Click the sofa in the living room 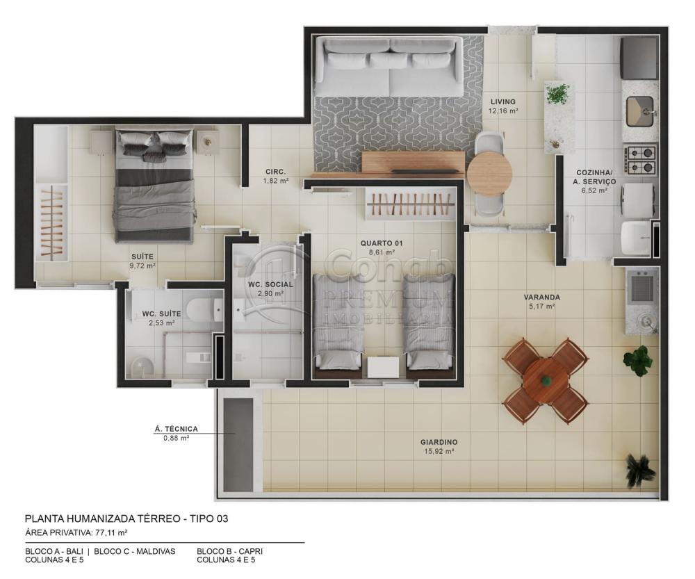[389, 67]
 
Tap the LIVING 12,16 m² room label [502, 106]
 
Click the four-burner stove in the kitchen [640, 158]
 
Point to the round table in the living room [489, 173]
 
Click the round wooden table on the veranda [546, 381]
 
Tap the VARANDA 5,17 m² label [541, 301]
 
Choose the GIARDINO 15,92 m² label [439, 446]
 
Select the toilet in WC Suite [206, 307]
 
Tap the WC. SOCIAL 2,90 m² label [270, 288]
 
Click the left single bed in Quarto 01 [338, 320]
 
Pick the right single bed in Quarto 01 [429, 320]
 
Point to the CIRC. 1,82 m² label [275, 176]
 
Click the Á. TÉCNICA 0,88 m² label [176, 433]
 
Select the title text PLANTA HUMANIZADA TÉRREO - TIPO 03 [126, 519]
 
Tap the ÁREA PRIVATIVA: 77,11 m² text [76, 532]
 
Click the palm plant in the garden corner [639, 470]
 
